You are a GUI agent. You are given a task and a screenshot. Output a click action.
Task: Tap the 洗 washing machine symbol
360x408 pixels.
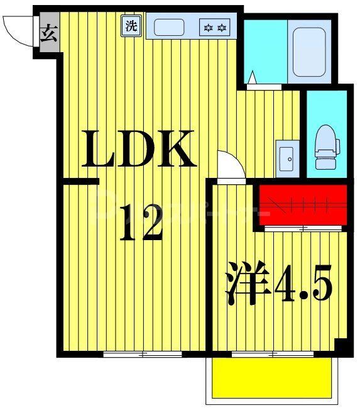pyautogui.click(x=131, y=26)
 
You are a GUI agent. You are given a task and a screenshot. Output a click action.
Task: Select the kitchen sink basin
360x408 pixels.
pyautogui.click(x=169, y=27)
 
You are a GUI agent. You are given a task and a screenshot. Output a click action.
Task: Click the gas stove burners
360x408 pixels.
pyautogui.click(x=215, y=28)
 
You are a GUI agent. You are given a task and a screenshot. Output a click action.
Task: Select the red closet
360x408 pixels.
pyautogui.click(x=303, y=204)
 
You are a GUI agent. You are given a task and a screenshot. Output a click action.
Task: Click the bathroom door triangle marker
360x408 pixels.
pyautogui.click(x=251, y=78)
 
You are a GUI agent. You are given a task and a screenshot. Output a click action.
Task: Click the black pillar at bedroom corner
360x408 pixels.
pyautogui.click(x=342, y=346)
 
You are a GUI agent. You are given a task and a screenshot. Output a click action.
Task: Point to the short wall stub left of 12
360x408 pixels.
pyautogui.click(x=80, y=182)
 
